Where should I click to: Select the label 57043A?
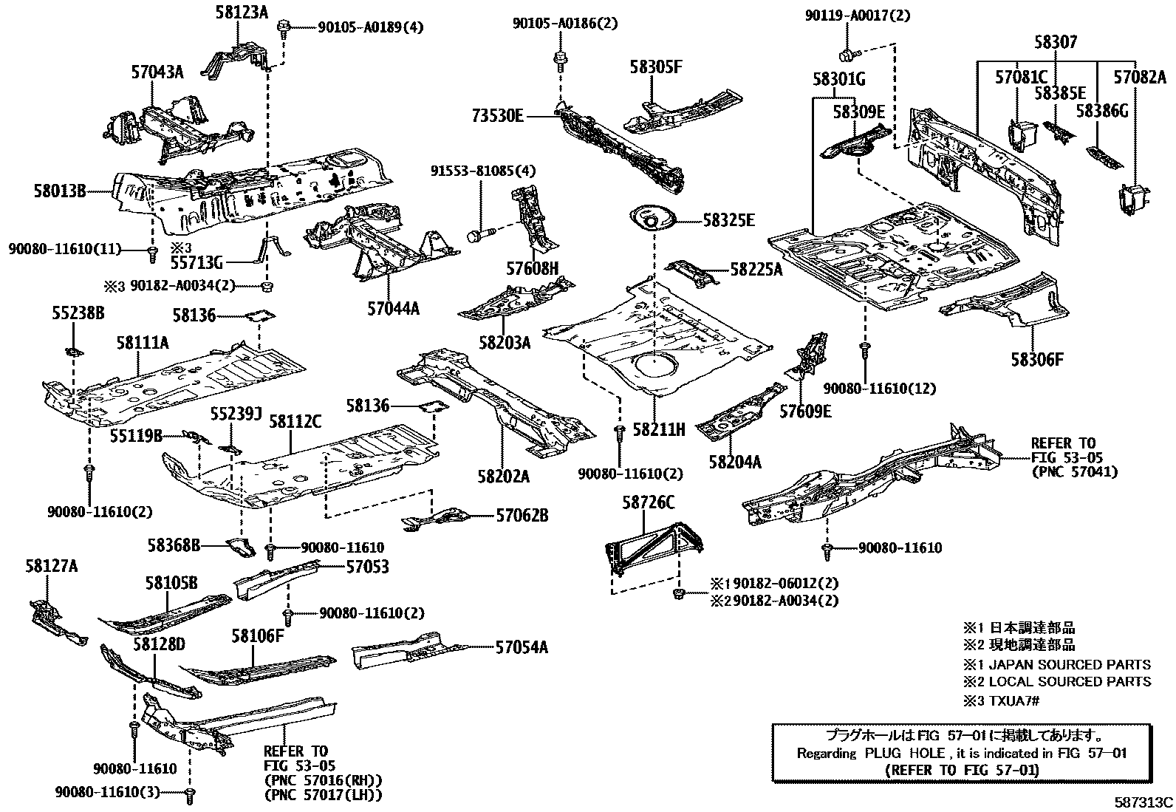click(x=158, y=72)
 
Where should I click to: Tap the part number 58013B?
click(x=59, y=191)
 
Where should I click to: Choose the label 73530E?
click(x=498, y=116)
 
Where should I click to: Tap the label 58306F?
click(x=1038, y=360)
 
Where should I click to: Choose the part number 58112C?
click(x=295, y=422)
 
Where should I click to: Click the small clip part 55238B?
click(x=73, y=349)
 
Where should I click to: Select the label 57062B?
click(x=522, y=516)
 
